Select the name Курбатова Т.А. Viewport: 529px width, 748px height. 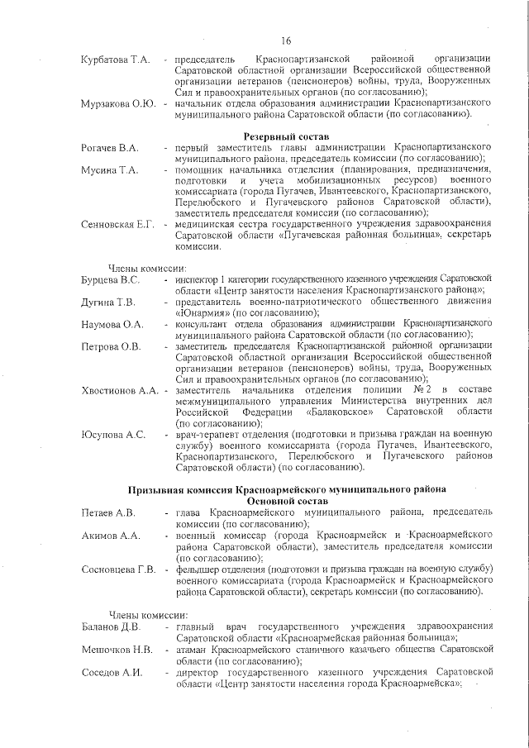(115, 60)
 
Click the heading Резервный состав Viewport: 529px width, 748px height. (286, 135)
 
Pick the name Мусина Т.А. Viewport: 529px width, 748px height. (107, 169)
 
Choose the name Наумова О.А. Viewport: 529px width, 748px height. (112, 324)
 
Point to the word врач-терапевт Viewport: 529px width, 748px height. (207, 434)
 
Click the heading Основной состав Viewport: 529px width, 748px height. (286, 501)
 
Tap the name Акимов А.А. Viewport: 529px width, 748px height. (108, 536)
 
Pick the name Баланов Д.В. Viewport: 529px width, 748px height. (110, 626)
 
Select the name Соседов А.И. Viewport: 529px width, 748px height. (112, 671)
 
